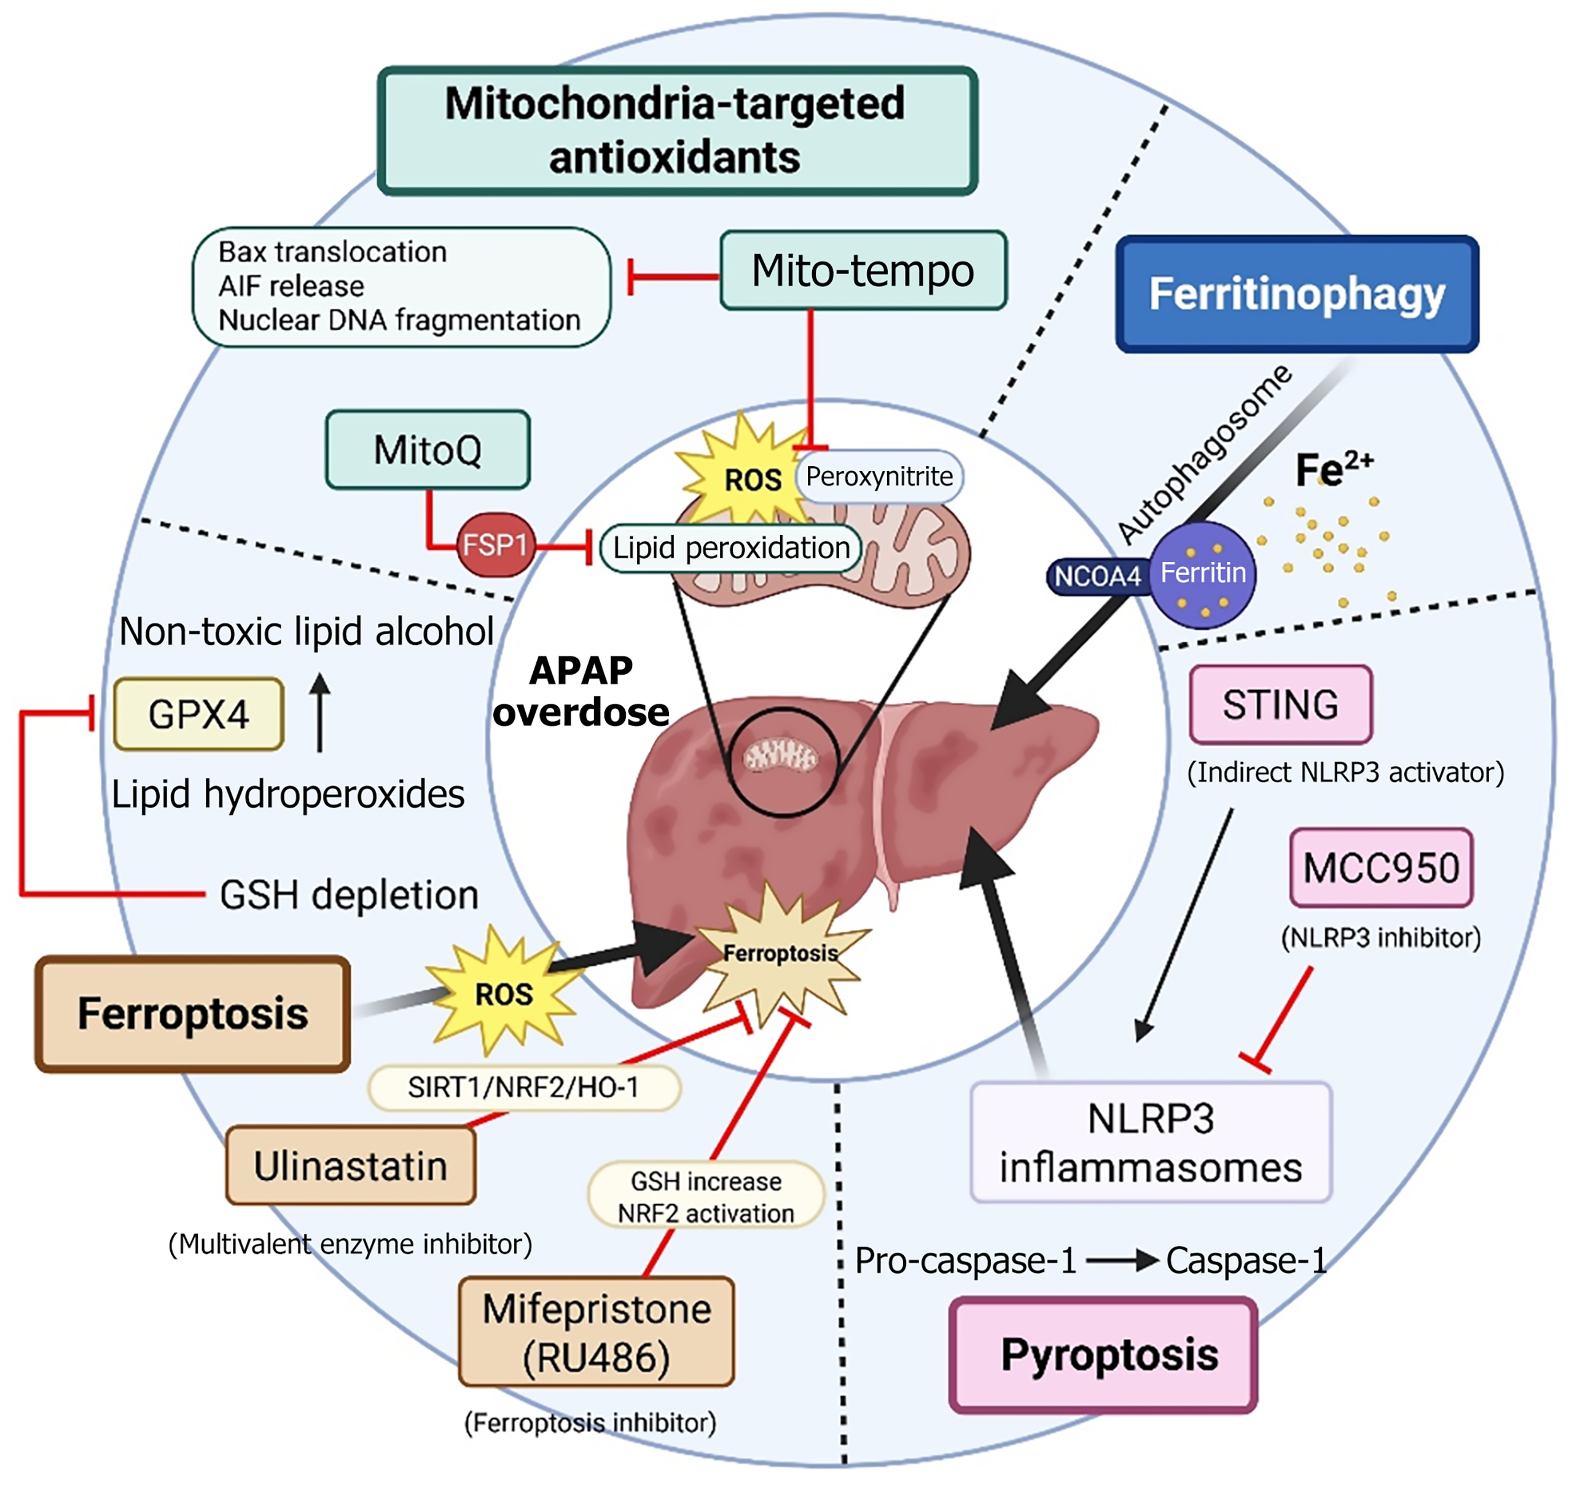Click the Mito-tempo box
click(862, 270)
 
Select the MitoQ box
click(428, 450)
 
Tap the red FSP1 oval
click(495, 545)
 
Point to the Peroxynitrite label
click(879, 477)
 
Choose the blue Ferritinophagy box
click(1297, 294)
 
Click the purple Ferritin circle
click(1203, 574)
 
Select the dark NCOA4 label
click(1097, 576)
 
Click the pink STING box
click(1281, 704)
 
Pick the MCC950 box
click(1381, 868)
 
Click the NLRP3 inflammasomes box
click(1151, 1143)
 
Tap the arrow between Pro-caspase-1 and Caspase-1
click(1121, 1260)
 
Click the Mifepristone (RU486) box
click(596, 1332)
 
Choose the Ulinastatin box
click(351, 1166)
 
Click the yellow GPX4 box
click(198, 714)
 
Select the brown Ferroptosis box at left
click(193, 1014)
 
